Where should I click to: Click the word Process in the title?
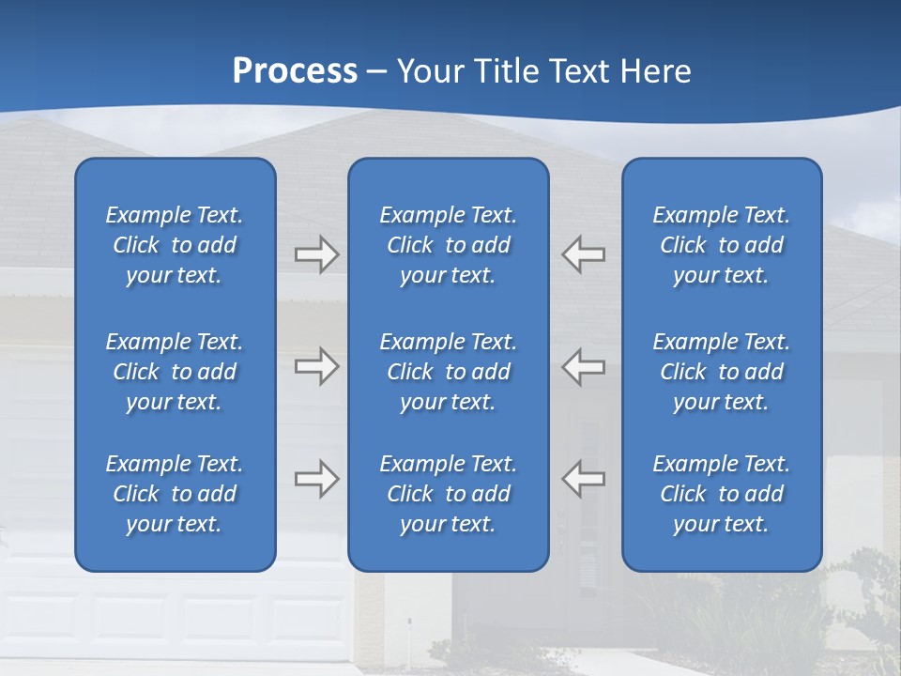pyautogui.click(x=295, y=71)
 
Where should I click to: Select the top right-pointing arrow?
pyautogui.click(x=317, y=254)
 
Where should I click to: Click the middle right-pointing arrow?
pyautogui.click(x=317, y=366)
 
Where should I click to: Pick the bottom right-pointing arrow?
pyautogui.click(x=317, y=479)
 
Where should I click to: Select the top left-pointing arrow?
pyautogui.click(x=583, y=254)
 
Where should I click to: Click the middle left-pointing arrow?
pyautogui.click(x=583, y=366)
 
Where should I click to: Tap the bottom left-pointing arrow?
pyautogui.click(x=583, y=479)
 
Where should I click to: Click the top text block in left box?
pyautogui.click(x=175, y=245)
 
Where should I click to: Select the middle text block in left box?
pyautogui.click(x=175, y=372)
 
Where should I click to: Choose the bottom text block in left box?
pyautogui.click(x=175, y=494)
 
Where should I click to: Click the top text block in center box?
pyautogui.click(x=448, y=245)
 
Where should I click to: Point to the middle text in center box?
pyautogui.click(x=448, y=372)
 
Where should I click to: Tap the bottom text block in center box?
pyautogui.click(x=448, y=494)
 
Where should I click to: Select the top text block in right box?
pyautogui.click(x=721, y=245)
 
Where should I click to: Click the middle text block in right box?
pyautogui.click(x=721, y=372)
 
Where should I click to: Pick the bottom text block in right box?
pyautogui.click(x=721, y=494)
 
